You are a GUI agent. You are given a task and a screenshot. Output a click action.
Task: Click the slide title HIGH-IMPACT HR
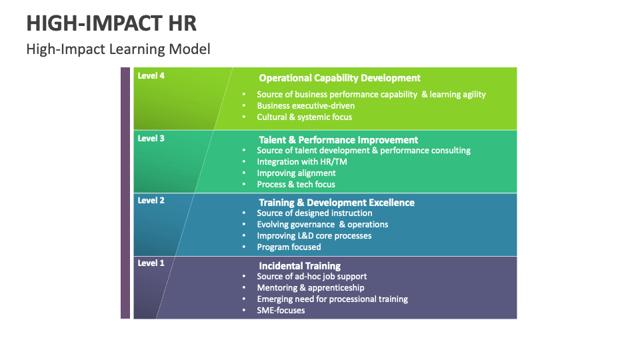[x=111, y=23]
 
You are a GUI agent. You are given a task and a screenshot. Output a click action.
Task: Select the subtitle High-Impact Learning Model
[x=118, y=49]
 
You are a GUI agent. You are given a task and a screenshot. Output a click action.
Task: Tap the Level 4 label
[x=151, y=76]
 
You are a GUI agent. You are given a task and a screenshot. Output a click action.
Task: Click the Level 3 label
[x=151, y=139]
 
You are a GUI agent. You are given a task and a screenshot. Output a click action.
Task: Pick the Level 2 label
[x=151, y=201]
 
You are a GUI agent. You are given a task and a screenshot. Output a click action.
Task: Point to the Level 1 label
[x=151, y=263]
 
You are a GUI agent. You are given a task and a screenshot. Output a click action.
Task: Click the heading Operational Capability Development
[x=339, y=78]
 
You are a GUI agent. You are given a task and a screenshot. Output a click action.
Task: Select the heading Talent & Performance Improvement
[x=338, y=140]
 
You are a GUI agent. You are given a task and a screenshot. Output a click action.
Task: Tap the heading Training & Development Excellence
[x=336, y=203]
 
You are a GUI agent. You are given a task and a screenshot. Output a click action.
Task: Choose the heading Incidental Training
[x=299, y=266]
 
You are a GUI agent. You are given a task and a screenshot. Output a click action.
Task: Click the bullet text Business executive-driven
[x=305, y=106]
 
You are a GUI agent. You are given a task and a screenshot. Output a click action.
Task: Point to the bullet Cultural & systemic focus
[x=304, y=117]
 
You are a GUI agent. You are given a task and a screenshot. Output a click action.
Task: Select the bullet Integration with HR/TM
[x=301, y=162]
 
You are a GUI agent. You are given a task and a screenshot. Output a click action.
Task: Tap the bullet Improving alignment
[x=296, y=173]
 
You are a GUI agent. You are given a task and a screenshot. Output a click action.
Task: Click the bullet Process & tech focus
[x=296, y=185]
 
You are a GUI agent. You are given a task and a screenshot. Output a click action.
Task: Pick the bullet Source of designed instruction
[x=314, y=213]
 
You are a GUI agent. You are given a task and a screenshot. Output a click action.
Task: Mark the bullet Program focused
[x=289, y=247]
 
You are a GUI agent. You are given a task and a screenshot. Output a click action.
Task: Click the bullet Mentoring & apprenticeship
[x=311, y=288]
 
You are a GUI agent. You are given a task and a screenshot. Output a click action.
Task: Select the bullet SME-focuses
[x=281, y=311]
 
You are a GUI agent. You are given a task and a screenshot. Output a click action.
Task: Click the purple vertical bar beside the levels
[x=125, y=193]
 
